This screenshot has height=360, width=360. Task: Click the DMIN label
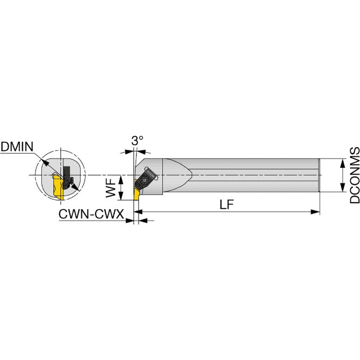pos(17,147)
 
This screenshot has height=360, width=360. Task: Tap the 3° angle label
pos(137,141)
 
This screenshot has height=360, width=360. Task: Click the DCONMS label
pos(355,175)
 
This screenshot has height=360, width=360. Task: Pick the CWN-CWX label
pos(91,214)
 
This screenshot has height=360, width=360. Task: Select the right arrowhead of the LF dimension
pos(315,211)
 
